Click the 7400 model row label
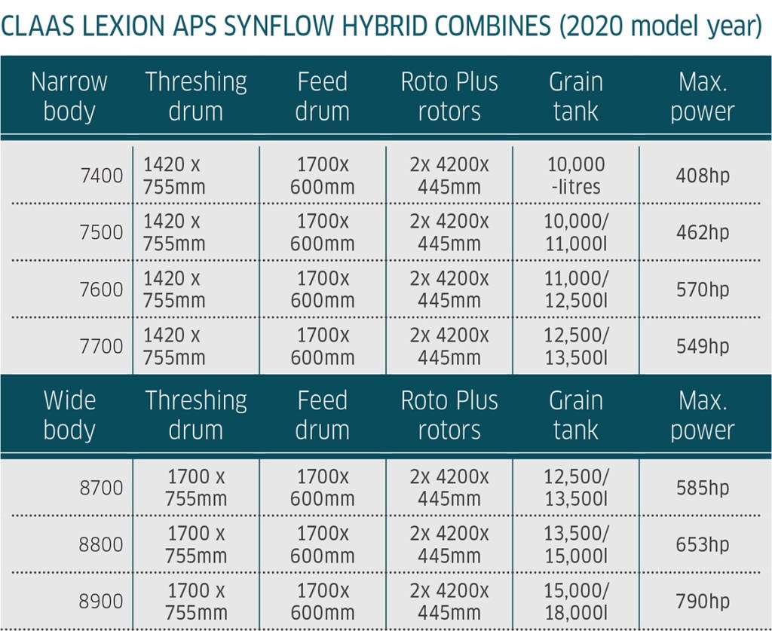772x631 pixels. [x=102, y=176]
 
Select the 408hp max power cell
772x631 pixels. [x=703, y=176]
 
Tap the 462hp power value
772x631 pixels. [x=703, y=232]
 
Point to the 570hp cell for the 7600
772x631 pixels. [x=703, y=289]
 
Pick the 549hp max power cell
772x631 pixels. [x=703, y=347]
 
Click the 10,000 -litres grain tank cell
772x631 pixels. [x=576, y=176]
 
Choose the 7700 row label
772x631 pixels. [x=102, y=347]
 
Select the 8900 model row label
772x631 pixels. [x=102, y=602]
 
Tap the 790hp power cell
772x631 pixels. [x=703, y=602]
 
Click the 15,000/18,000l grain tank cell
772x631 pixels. [x=576, y=602]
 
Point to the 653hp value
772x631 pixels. [x=703, y=545]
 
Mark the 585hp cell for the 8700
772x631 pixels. [x=703, y=488]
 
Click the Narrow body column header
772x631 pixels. [x=69, y=96]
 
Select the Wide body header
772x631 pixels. [x=69, y=415]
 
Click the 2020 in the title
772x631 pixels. [x=596, y=26]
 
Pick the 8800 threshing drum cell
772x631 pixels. [x=196, y=545]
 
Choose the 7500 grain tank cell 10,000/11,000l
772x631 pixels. [x=576, y=232]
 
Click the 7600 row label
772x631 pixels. [x=102, y=289]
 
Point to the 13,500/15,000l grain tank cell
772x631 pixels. [x=576, y=545]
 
